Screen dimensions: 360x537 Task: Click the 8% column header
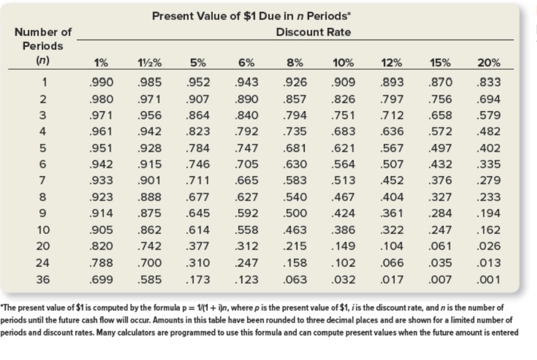click(295, 62)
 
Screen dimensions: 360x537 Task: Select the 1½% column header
click(149, 62)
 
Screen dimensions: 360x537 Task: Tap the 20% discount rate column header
click(488, 62)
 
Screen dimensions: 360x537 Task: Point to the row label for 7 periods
click(45, 181)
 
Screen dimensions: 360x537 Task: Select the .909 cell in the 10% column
click(344, 82)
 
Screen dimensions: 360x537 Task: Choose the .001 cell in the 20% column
click(489, 280)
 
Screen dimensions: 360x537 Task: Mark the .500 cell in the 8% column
click(295, 214)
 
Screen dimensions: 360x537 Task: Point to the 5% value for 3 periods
click(198, 115)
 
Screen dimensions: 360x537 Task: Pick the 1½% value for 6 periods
click(149, 165)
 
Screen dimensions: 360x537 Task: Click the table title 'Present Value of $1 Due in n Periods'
click(251, 16)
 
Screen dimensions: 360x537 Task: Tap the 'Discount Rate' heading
click(313, 32)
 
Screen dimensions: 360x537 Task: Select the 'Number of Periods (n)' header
click(42, 46)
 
